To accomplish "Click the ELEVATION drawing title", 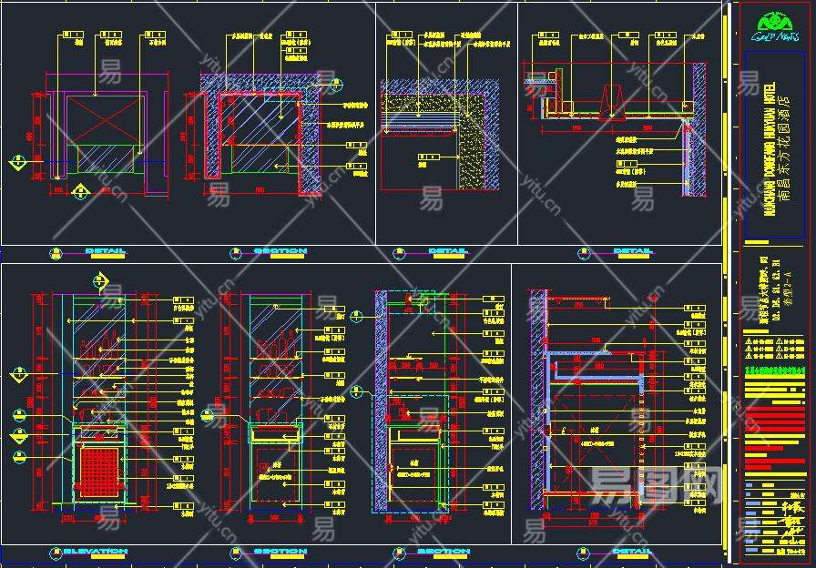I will (x=95, y=552).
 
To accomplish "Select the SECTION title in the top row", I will (x=280, y=251).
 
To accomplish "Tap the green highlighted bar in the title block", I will (x=776, y=370).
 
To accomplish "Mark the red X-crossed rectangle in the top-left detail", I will (x=99, y=117).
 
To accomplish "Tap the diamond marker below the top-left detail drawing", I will (x=80, y=192).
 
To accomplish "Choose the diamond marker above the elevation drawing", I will (x=100, y=279).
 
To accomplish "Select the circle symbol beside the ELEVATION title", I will (x=56, y=552).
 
